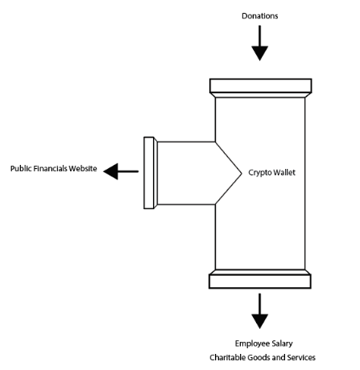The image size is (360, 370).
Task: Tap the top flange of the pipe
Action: click(260, 86)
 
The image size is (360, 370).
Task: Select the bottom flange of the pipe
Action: click(260, 281)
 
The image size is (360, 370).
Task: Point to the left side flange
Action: click(149, 173)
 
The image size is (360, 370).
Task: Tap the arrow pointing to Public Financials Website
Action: click(122, 171)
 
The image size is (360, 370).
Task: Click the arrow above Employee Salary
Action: click(259, 311)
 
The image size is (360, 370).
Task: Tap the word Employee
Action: click(246, 343)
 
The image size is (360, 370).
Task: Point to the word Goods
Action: click(257, 357)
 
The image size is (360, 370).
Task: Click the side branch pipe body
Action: click(185, 173)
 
